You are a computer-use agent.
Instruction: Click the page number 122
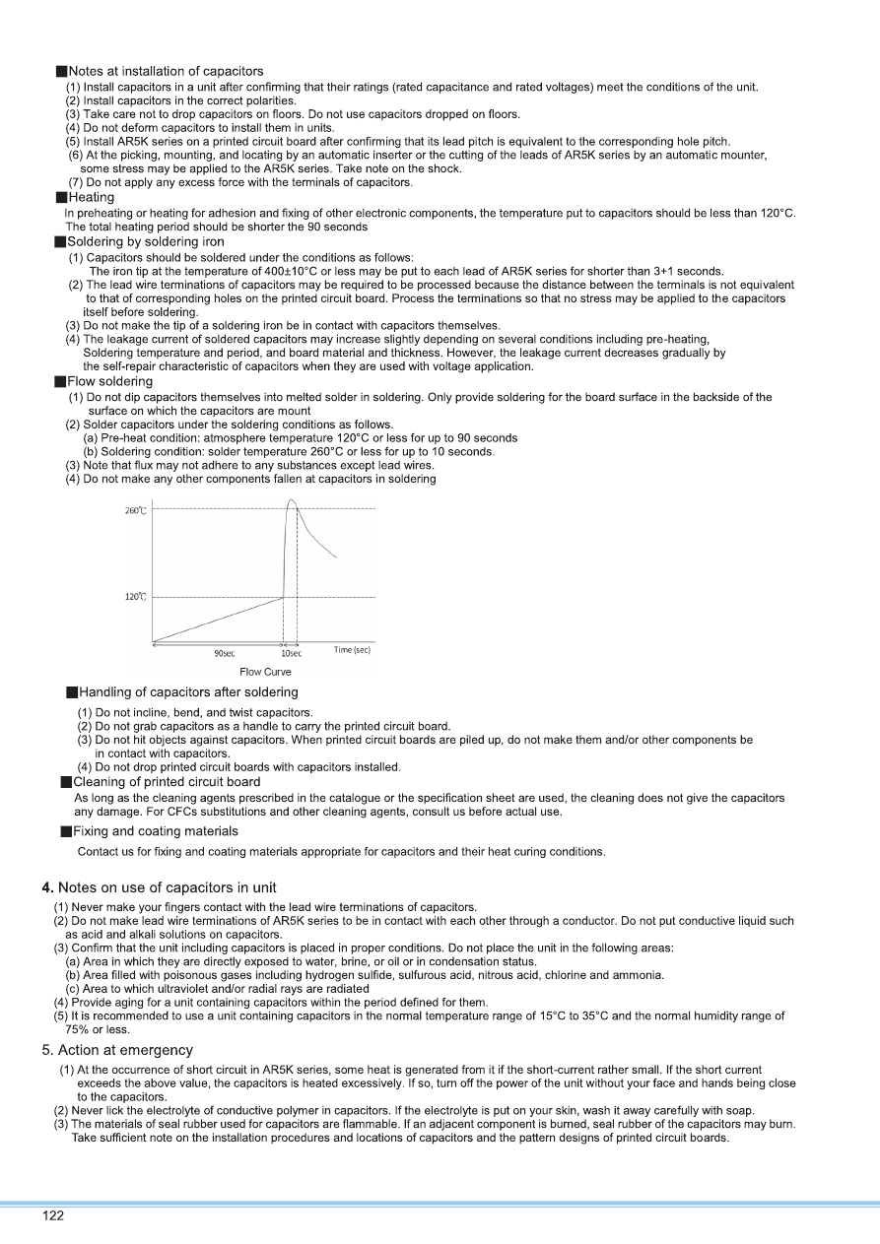(52, 1215)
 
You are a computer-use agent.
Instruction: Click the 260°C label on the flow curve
(136, 510)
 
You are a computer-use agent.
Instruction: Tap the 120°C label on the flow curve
(136, 597)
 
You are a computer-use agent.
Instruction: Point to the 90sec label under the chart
(224, 652)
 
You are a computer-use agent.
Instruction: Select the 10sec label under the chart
(291, 652)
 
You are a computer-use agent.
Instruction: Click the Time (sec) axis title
(352, 650)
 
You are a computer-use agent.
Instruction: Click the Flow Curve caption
(265, 672)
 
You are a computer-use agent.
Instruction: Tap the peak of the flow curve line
(291, 500)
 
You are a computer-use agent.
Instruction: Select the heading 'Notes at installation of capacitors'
(166, 71)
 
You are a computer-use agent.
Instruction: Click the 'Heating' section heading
(91, 197)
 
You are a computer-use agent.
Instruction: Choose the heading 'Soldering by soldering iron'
(145, 241)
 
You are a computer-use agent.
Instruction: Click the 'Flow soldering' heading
(109, 381)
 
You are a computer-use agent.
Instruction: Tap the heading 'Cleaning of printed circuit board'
(167, 782)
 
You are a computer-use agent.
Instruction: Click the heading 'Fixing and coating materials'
(155, 831)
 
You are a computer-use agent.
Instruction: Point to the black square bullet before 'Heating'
(60, 198)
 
